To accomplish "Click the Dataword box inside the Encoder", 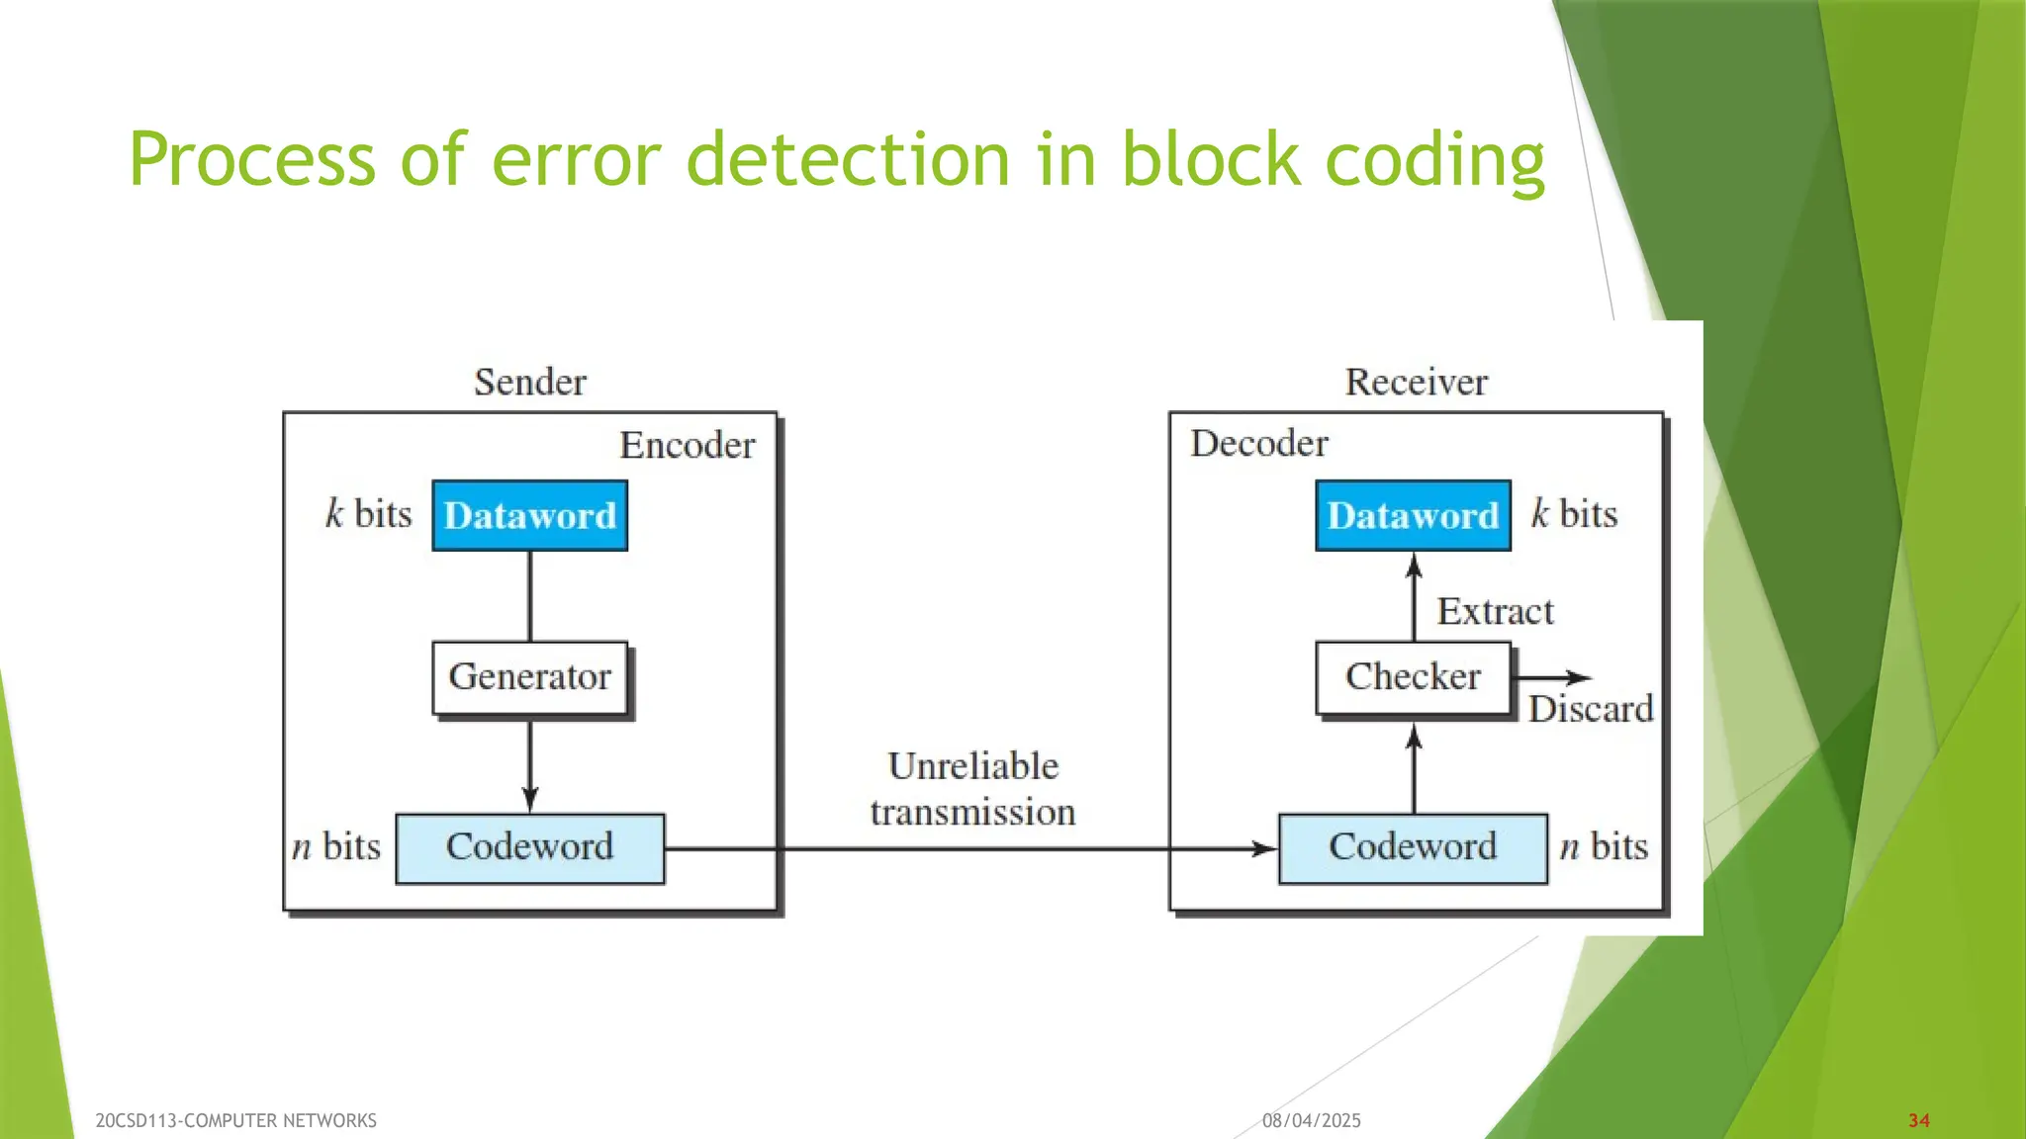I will click(x=529, y=515).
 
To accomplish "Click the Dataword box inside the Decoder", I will click(x=1413, y=515).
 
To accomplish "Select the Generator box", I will click(x=529, y=677).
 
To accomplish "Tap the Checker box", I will click(x=1413, y=677).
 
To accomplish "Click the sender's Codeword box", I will click(x=529, y=847).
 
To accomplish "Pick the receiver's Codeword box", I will click(x=1413, y=847).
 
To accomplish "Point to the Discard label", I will click(x=1590, y=709).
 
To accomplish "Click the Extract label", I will click(x=1494, y=611).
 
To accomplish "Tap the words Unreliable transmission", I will click(x=972, y=789).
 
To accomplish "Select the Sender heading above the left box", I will click(x=529, y=382).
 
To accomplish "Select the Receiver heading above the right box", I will click(x=1416, y=382).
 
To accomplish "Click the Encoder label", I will click(x=687, y=445).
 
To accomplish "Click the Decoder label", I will click(x=1258, y=443).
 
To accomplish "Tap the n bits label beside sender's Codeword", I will click(x=336, y=846).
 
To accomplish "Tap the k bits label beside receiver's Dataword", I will click(x=1574, y=514).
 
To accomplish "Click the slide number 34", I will click(x=1918, y=1120).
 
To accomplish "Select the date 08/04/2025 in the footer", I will click(x=1311, y=1120).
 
